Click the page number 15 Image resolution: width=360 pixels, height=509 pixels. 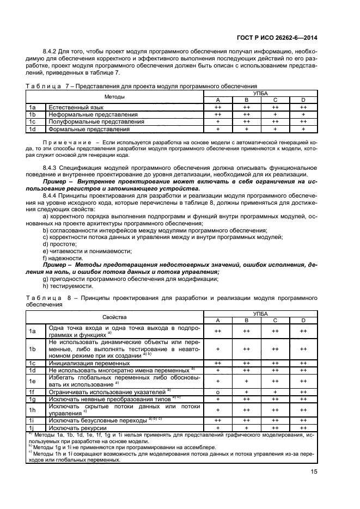click(x=313, y=472)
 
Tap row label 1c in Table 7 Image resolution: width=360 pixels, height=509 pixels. click(x=32, y=122)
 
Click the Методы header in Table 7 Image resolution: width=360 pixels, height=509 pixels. click(x=114, y=97)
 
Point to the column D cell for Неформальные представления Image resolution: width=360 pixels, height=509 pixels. click(x=303, y=115)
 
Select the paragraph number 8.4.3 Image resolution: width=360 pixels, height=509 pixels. click(x=53, y=168)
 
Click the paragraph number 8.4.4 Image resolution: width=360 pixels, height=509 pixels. click(x=53, y=194)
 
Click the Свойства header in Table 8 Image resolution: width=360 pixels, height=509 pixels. click(x=114, y=317)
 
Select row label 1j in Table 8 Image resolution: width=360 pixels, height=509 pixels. click(x=32, y=428)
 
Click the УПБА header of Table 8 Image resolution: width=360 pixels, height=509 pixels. click(x=260, y=314)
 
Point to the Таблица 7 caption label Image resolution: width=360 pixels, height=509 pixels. click(x=46, y=86)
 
